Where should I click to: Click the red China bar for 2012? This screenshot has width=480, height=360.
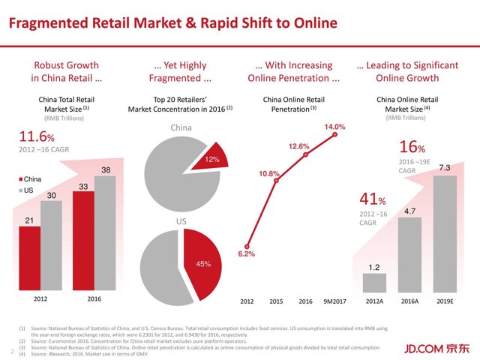[29, 259]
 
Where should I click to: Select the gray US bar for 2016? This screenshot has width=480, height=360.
[105, 232]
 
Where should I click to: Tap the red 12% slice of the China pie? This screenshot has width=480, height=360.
[209, 157]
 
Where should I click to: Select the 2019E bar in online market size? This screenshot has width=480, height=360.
[444, 233]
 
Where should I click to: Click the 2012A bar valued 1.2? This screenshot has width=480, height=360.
[374, 283]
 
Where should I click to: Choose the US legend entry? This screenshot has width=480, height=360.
[26, 193]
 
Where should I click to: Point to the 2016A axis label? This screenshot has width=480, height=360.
[409, 301]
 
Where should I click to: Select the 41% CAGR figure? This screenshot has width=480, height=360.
[372, 201]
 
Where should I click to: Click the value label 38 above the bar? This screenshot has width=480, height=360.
[106, 171]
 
